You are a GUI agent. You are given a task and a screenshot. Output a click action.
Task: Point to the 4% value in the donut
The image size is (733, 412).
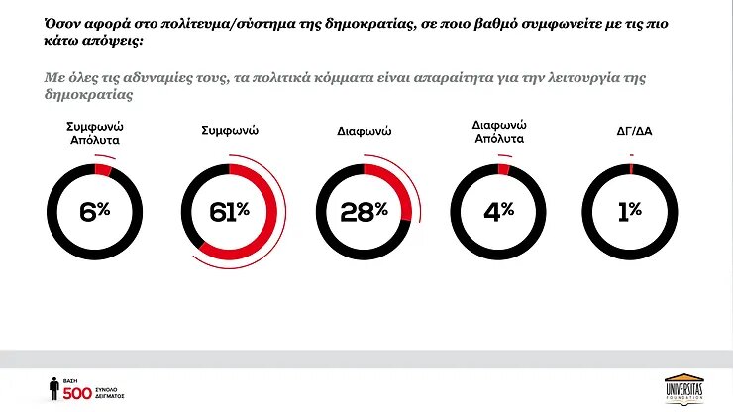tap(500, 210)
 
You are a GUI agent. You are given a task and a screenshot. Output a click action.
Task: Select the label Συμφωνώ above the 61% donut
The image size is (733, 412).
tap(231, 130)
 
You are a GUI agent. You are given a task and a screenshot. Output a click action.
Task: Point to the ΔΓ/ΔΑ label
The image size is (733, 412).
tap(631, 130)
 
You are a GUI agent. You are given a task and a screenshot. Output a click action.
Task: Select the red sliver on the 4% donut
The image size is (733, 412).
tap(504, 169)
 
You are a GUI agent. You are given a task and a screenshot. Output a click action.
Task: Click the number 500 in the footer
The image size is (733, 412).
tap(77, 392)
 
